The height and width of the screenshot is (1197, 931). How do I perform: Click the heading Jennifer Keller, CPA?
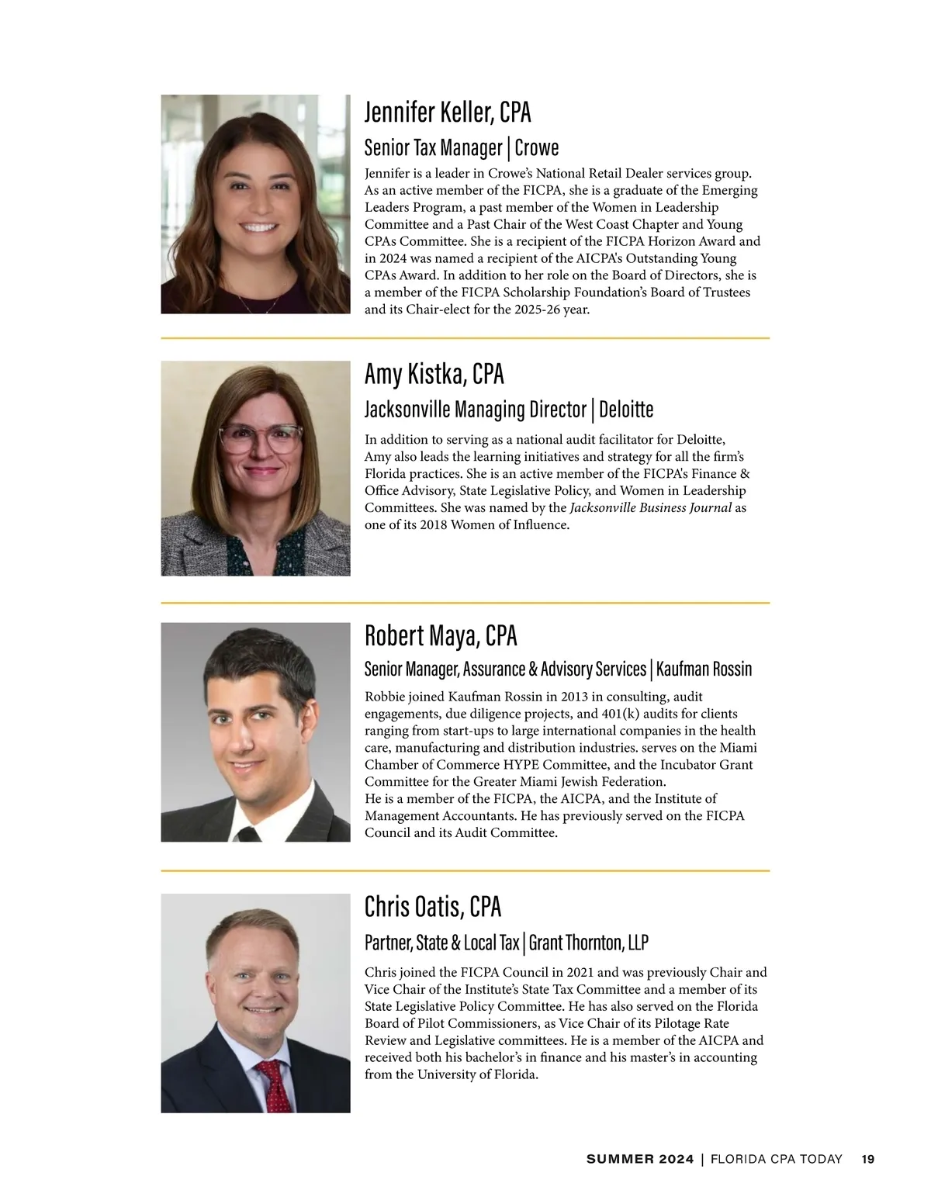pyautogui.click(x=448, y=112)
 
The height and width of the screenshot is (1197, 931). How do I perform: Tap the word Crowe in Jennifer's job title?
pyautogui.click(x=537, y=147)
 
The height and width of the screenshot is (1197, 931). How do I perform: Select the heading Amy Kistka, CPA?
pyautogui.click(x=434, y=374)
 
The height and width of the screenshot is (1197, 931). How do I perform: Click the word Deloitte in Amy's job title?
pyautogui.click(x=626, y=409)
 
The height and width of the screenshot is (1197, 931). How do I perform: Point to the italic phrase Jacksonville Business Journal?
pyautogui.click(x=650, y=508)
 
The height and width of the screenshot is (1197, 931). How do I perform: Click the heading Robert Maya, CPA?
pyautogui.click(x=440, y=636)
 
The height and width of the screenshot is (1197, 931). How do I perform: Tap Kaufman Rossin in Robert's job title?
pyautogui.click(x=704, y=669)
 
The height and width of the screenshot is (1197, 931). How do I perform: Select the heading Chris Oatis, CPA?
pyautogui.click(x=432, y=906)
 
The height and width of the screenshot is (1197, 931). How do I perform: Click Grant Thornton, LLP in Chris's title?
pyautogui.click(x=588, y=943)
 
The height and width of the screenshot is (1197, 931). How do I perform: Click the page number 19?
pyautogui.click(x=867, y=1159)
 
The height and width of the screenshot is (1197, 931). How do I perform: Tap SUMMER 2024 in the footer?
pyautogui.click(x=640, y=1159)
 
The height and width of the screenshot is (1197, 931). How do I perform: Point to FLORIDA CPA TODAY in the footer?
pyautogui.click(x=776, y=1159)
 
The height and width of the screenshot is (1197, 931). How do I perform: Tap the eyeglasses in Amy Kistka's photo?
pyautogui.click(x=261, y=438)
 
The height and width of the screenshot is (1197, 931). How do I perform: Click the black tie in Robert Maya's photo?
pyautogui.click(x=247, y=834)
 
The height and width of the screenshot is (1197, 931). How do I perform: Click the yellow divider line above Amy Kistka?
pyautogui.click(x=465, y=338)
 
